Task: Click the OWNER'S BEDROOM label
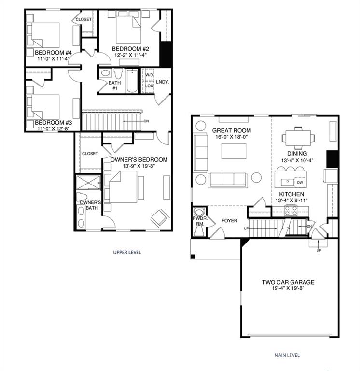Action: (x=139, y=159)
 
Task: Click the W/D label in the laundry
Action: (x=150, y=75)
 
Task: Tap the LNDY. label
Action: (x=163, y=82)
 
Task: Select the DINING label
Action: (x=297, y=154)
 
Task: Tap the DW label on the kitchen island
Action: (x=300, y=183)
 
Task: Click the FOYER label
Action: (x=229, y=221)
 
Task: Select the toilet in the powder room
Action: (x=198, y=227)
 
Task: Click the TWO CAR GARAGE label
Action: (x=288, y=283)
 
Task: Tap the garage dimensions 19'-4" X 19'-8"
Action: (x=288, y=289)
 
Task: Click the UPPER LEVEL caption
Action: (x=127, y=252)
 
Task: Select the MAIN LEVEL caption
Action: (x=287, y=355)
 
